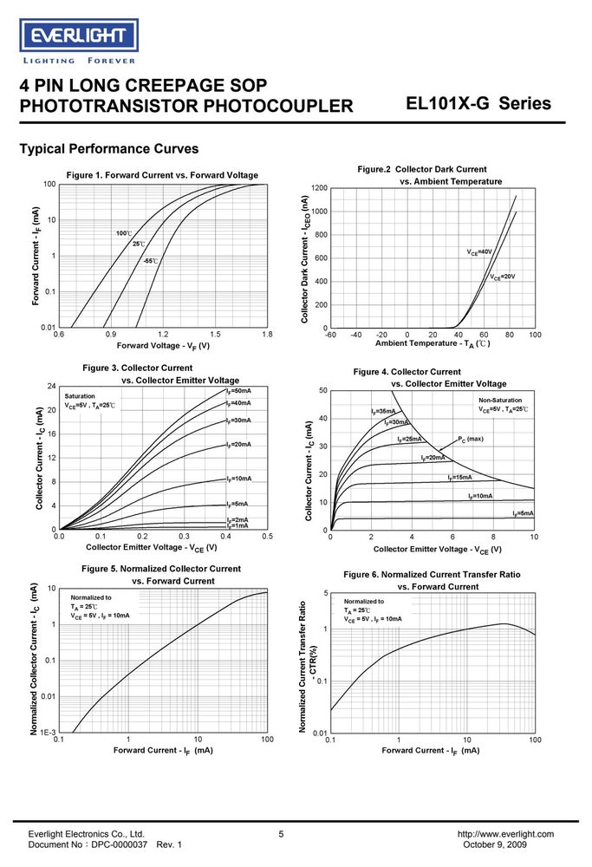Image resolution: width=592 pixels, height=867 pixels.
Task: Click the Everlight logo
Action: [x=79, y=36]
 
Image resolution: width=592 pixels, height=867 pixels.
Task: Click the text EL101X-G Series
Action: [x=478, y=103]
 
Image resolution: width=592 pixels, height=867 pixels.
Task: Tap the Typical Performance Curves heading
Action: [x=109, y=149]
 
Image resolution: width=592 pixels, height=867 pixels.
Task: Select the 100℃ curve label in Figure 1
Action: [x=124, y=233]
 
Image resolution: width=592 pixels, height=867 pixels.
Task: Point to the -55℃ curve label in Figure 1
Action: [x=150, y=260]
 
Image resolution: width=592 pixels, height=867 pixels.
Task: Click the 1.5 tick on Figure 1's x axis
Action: [x=215, y=334]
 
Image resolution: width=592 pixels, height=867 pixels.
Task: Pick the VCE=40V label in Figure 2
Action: [x=479, y=252]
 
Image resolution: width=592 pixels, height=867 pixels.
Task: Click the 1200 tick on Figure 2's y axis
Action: [x=320, y=188]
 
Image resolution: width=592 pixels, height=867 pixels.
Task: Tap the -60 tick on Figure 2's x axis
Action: [x=330, y=335]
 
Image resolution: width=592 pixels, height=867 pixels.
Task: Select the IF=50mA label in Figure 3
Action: [x=238, y=391]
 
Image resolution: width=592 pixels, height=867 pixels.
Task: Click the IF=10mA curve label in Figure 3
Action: [x=238, y=479]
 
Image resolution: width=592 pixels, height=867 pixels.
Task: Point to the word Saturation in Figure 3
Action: [x=80, y=396]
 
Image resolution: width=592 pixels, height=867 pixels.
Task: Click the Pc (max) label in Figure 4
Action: [x=471, y=439]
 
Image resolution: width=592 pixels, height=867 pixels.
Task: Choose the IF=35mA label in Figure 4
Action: [x=383, y=411]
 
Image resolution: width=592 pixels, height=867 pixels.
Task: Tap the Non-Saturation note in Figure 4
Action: [x=500, y=400]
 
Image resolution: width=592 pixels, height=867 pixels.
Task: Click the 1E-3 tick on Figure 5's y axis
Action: [x=48, y=732]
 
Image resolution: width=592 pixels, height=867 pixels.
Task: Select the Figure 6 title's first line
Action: [x=432, y=575]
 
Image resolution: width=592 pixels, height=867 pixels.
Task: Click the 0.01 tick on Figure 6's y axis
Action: [x=320, y=733]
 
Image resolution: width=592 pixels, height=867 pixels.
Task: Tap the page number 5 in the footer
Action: [x=281, y=834]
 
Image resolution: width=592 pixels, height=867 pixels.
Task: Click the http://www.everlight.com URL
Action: [x=505, y=834]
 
